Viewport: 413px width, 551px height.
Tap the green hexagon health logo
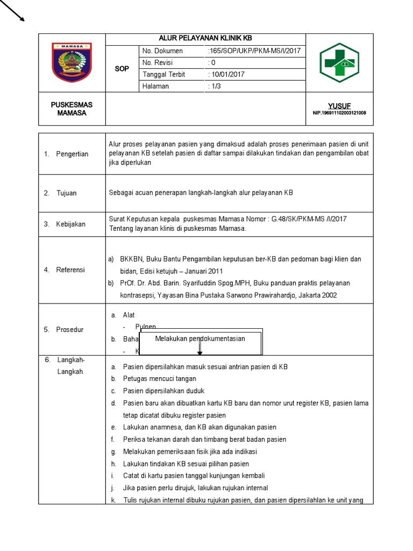339,62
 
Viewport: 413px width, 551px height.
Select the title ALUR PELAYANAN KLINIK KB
205,39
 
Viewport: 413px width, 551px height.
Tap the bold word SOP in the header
122,69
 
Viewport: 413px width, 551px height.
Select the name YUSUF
339,106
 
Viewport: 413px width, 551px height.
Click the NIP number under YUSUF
339,113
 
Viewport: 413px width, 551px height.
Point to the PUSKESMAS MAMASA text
72,109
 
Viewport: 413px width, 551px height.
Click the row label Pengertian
72,154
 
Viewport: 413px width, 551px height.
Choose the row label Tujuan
67,193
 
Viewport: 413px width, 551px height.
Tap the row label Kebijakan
70,224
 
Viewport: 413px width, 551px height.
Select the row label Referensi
70,270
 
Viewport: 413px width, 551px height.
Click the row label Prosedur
69,330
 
